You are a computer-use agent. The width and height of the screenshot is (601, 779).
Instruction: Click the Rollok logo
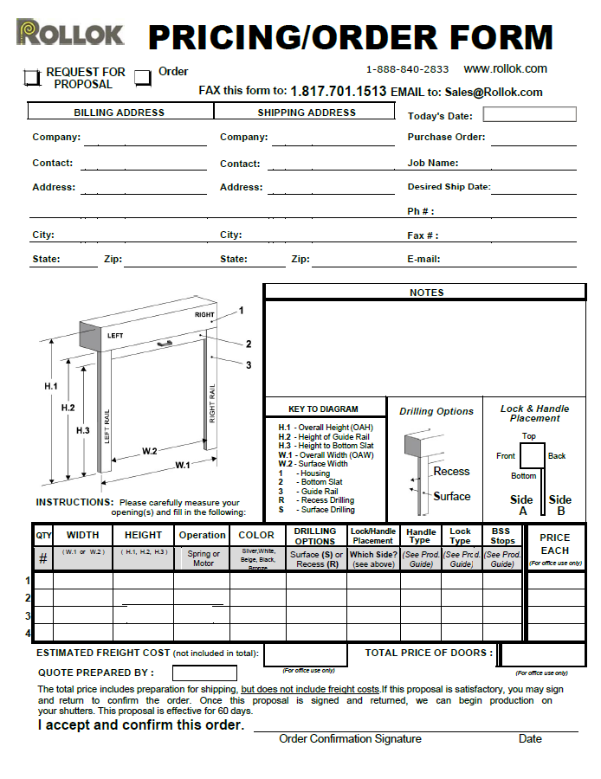point(71,34)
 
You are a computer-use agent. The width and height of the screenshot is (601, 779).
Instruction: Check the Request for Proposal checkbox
point(32,78)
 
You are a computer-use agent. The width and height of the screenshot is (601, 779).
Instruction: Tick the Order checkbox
point(143,78)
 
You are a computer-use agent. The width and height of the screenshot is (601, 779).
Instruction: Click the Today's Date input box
point(529,114)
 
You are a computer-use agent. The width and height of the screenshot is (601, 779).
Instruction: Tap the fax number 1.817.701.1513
point(339,91)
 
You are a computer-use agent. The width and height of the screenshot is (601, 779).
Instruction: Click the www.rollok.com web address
point(505,68)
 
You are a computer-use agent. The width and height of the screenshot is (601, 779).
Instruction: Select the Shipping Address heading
point(307,113)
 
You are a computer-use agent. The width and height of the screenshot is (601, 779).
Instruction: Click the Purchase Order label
point(446,137)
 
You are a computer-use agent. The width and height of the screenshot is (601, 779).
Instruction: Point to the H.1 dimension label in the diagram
point(51,386)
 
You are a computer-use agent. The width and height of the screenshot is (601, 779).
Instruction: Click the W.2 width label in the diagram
point(149,450)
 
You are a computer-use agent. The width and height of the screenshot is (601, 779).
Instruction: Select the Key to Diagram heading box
point(323,409)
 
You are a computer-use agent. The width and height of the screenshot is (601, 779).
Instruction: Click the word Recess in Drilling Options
point(451,472)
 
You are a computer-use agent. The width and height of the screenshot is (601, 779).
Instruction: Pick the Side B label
point(560,505)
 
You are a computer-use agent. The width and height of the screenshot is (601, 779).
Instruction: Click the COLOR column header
point(256,535)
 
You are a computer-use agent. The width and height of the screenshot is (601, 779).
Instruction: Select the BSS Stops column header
point(502,536)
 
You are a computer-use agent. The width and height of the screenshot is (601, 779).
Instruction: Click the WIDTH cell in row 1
point(83,580)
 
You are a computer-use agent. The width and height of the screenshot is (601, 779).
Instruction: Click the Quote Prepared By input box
point(204,673)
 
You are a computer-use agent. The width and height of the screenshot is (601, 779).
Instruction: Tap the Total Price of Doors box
point(543,655)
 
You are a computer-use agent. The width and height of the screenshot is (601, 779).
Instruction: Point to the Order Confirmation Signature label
point(350,739)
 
